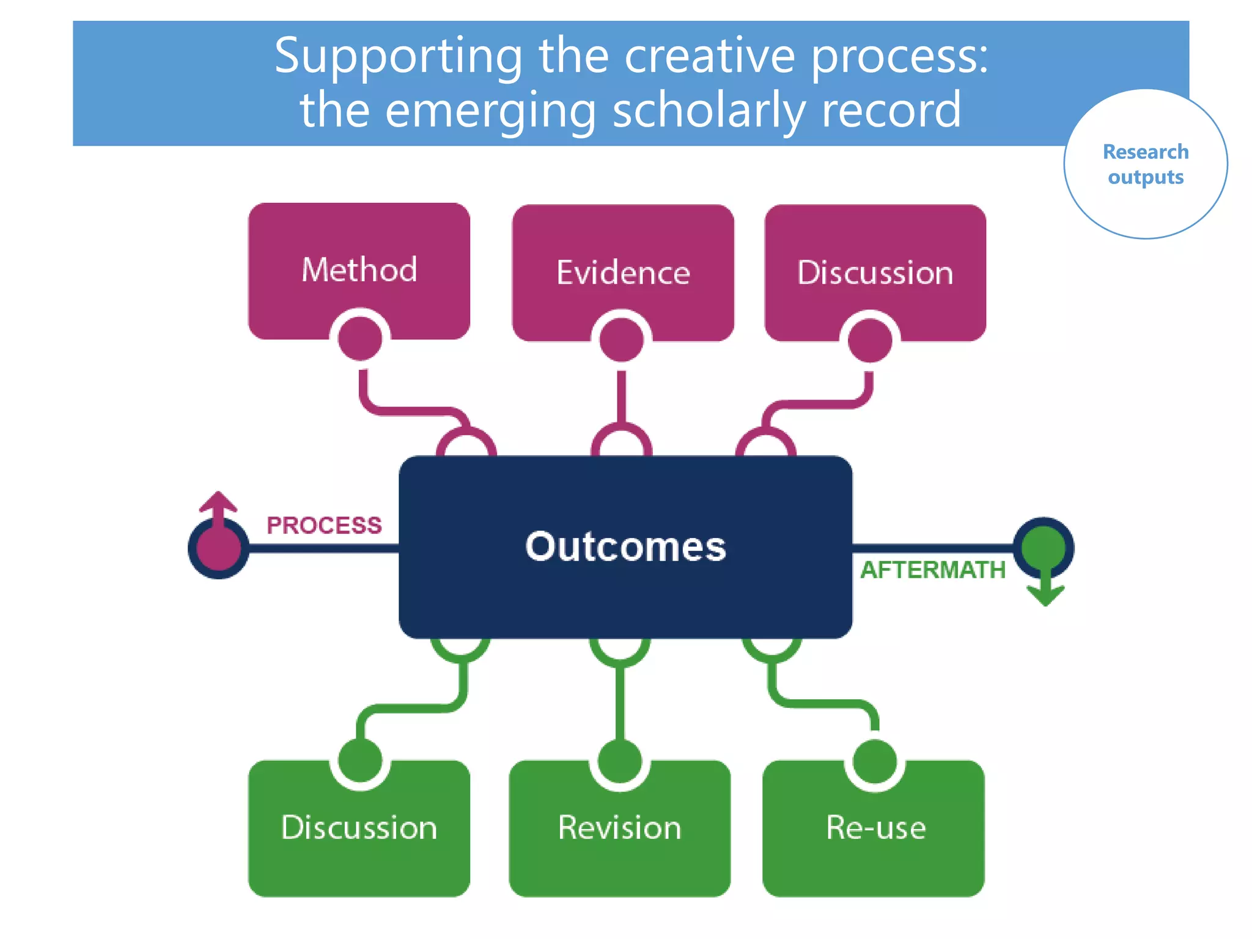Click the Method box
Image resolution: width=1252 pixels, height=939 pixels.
coord(359,270)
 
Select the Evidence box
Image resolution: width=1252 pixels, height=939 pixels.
coord(623,272)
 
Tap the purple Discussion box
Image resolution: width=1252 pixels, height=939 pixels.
coord(875,272)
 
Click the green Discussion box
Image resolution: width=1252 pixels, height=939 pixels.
coord(359,828)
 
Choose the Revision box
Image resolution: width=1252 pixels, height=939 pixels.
coord(619,828)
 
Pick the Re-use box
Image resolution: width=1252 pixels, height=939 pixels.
coord(875,828)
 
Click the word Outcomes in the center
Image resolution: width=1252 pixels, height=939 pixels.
coord(625,546)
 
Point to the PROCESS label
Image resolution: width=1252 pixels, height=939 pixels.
coord(324,525)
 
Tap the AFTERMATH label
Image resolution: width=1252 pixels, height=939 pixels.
coord(932,570)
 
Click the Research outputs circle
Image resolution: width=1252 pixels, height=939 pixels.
coord(1145,164)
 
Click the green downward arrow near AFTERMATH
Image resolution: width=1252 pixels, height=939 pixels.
coord(1045,591)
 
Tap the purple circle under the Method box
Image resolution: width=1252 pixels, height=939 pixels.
coord(360,339)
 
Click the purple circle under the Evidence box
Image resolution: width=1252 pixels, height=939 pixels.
coord(621,340)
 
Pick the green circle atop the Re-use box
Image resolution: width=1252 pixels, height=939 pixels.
coord(875,762)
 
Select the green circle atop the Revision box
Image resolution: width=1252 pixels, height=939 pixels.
coord(620,762)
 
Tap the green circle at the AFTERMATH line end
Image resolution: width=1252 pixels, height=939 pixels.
coord(1044,546)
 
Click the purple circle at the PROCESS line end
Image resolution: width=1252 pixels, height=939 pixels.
coord(218,548)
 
